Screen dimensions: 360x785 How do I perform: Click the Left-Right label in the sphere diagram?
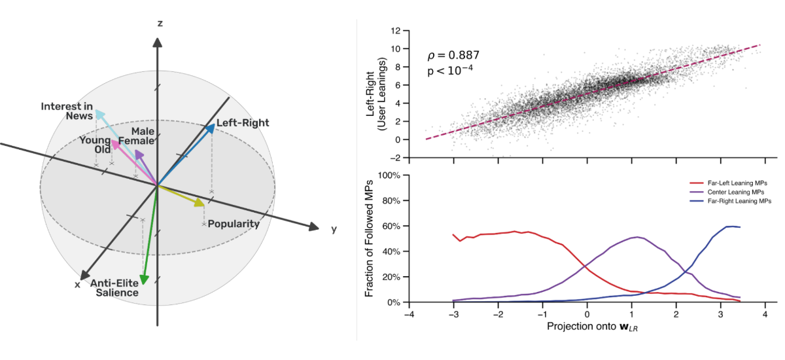243,122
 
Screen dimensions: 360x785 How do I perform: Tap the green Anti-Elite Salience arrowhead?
144,279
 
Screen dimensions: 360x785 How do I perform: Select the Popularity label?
234,224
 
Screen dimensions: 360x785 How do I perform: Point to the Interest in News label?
67,111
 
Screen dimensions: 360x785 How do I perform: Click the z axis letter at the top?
159,24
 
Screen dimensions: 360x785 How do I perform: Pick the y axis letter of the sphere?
334,229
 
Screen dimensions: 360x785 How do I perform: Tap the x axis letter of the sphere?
77,285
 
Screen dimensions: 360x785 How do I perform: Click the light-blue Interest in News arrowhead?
98,115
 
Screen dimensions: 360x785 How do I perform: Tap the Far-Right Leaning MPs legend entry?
732,201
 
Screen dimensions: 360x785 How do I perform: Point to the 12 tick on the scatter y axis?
395,31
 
